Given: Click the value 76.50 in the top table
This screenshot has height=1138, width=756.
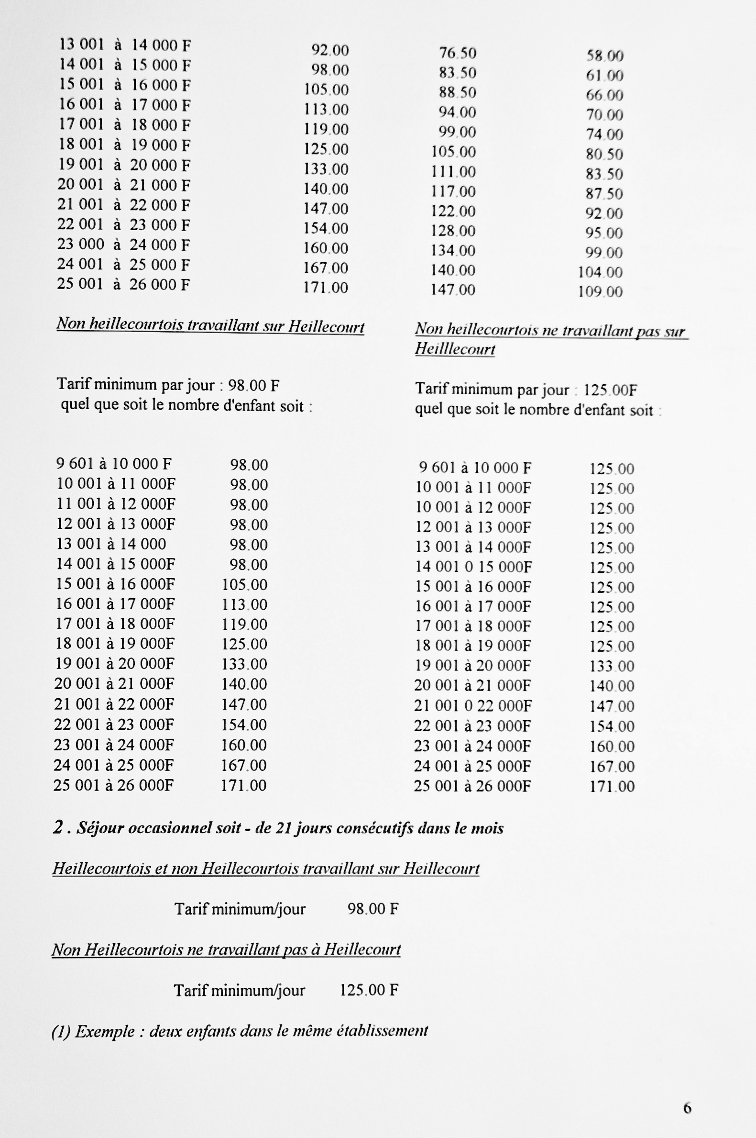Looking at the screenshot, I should coord(457,53).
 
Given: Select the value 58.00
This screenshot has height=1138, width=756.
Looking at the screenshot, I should coord(604,56).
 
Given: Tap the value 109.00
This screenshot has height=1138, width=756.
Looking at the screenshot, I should coord(600,292).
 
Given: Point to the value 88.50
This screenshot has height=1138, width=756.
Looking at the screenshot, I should coord(457,93).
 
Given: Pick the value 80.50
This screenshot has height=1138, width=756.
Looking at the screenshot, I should coord(604,155).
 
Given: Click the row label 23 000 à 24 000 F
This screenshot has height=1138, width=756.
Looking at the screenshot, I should coord(123,245).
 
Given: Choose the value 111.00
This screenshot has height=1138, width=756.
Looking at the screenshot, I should coord(453,172).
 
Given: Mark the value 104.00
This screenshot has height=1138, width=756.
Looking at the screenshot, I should coord(600,273).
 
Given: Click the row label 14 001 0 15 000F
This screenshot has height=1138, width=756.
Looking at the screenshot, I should coord(473,567).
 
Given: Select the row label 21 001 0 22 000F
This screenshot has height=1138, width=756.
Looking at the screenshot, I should coord(472,706).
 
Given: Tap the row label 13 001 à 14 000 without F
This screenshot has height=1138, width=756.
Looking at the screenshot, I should coord(111,544).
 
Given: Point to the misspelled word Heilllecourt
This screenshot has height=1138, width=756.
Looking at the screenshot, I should coord(455,349).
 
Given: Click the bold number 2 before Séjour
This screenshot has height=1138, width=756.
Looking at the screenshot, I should coord(58,828).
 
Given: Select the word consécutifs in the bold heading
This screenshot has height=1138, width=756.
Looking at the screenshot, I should coord(376,828).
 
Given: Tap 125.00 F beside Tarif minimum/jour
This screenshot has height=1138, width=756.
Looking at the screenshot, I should coord(369,991).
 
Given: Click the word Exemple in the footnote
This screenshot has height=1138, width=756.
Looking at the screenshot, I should coord(105,1031).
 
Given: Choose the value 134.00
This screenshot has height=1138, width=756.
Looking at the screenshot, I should coord(453,251).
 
